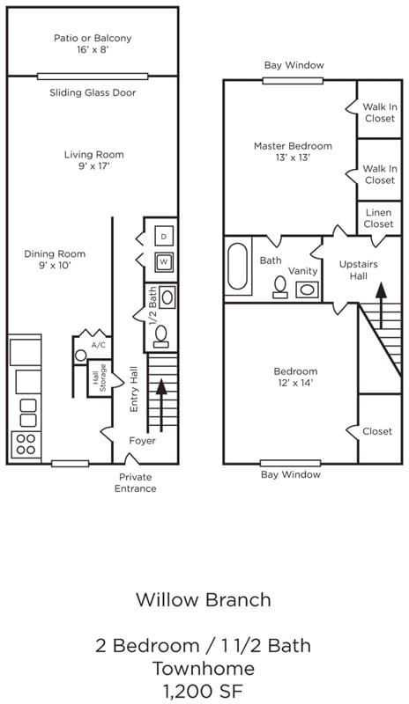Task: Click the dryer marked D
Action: pyautogui.click(x=164, y=236)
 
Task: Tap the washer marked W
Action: pyautogui.click(x=164, y=262)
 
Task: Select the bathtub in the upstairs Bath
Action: pyautogui.click(x=237, y=266)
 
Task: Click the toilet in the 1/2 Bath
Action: pyautogui.click(x=161, y=336)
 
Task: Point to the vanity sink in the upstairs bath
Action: pyautogui.click(x=308, y=290)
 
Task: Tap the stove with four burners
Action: pyautogui.click(x=26, y=444)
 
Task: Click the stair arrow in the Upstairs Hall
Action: pyautogui.click(x=381, y=305)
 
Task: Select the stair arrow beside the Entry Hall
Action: pyautogui.click(x=161, y=402)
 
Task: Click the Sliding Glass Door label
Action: pyautogui.click(x=93, y=93)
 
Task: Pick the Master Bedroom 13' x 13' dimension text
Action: pyautogui.click(x=293, y=158)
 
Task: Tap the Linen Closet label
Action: pyautogui.click(x=378, y=218)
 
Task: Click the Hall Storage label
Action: pyautogui.click(x=100, y=378)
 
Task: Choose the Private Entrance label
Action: pyautogui.click(x=136, y=482)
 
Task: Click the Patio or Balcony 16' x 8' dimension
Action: pyautogui.click(x=93, y=50)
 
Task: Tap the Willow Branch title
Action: pyautogui.click(x=204, y=600)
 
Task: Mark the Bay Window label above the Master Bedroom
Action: pyautogui.click(x=294, y=65)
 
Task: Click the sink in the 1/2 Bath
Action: pyautogui.click(x=167, y=297)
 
